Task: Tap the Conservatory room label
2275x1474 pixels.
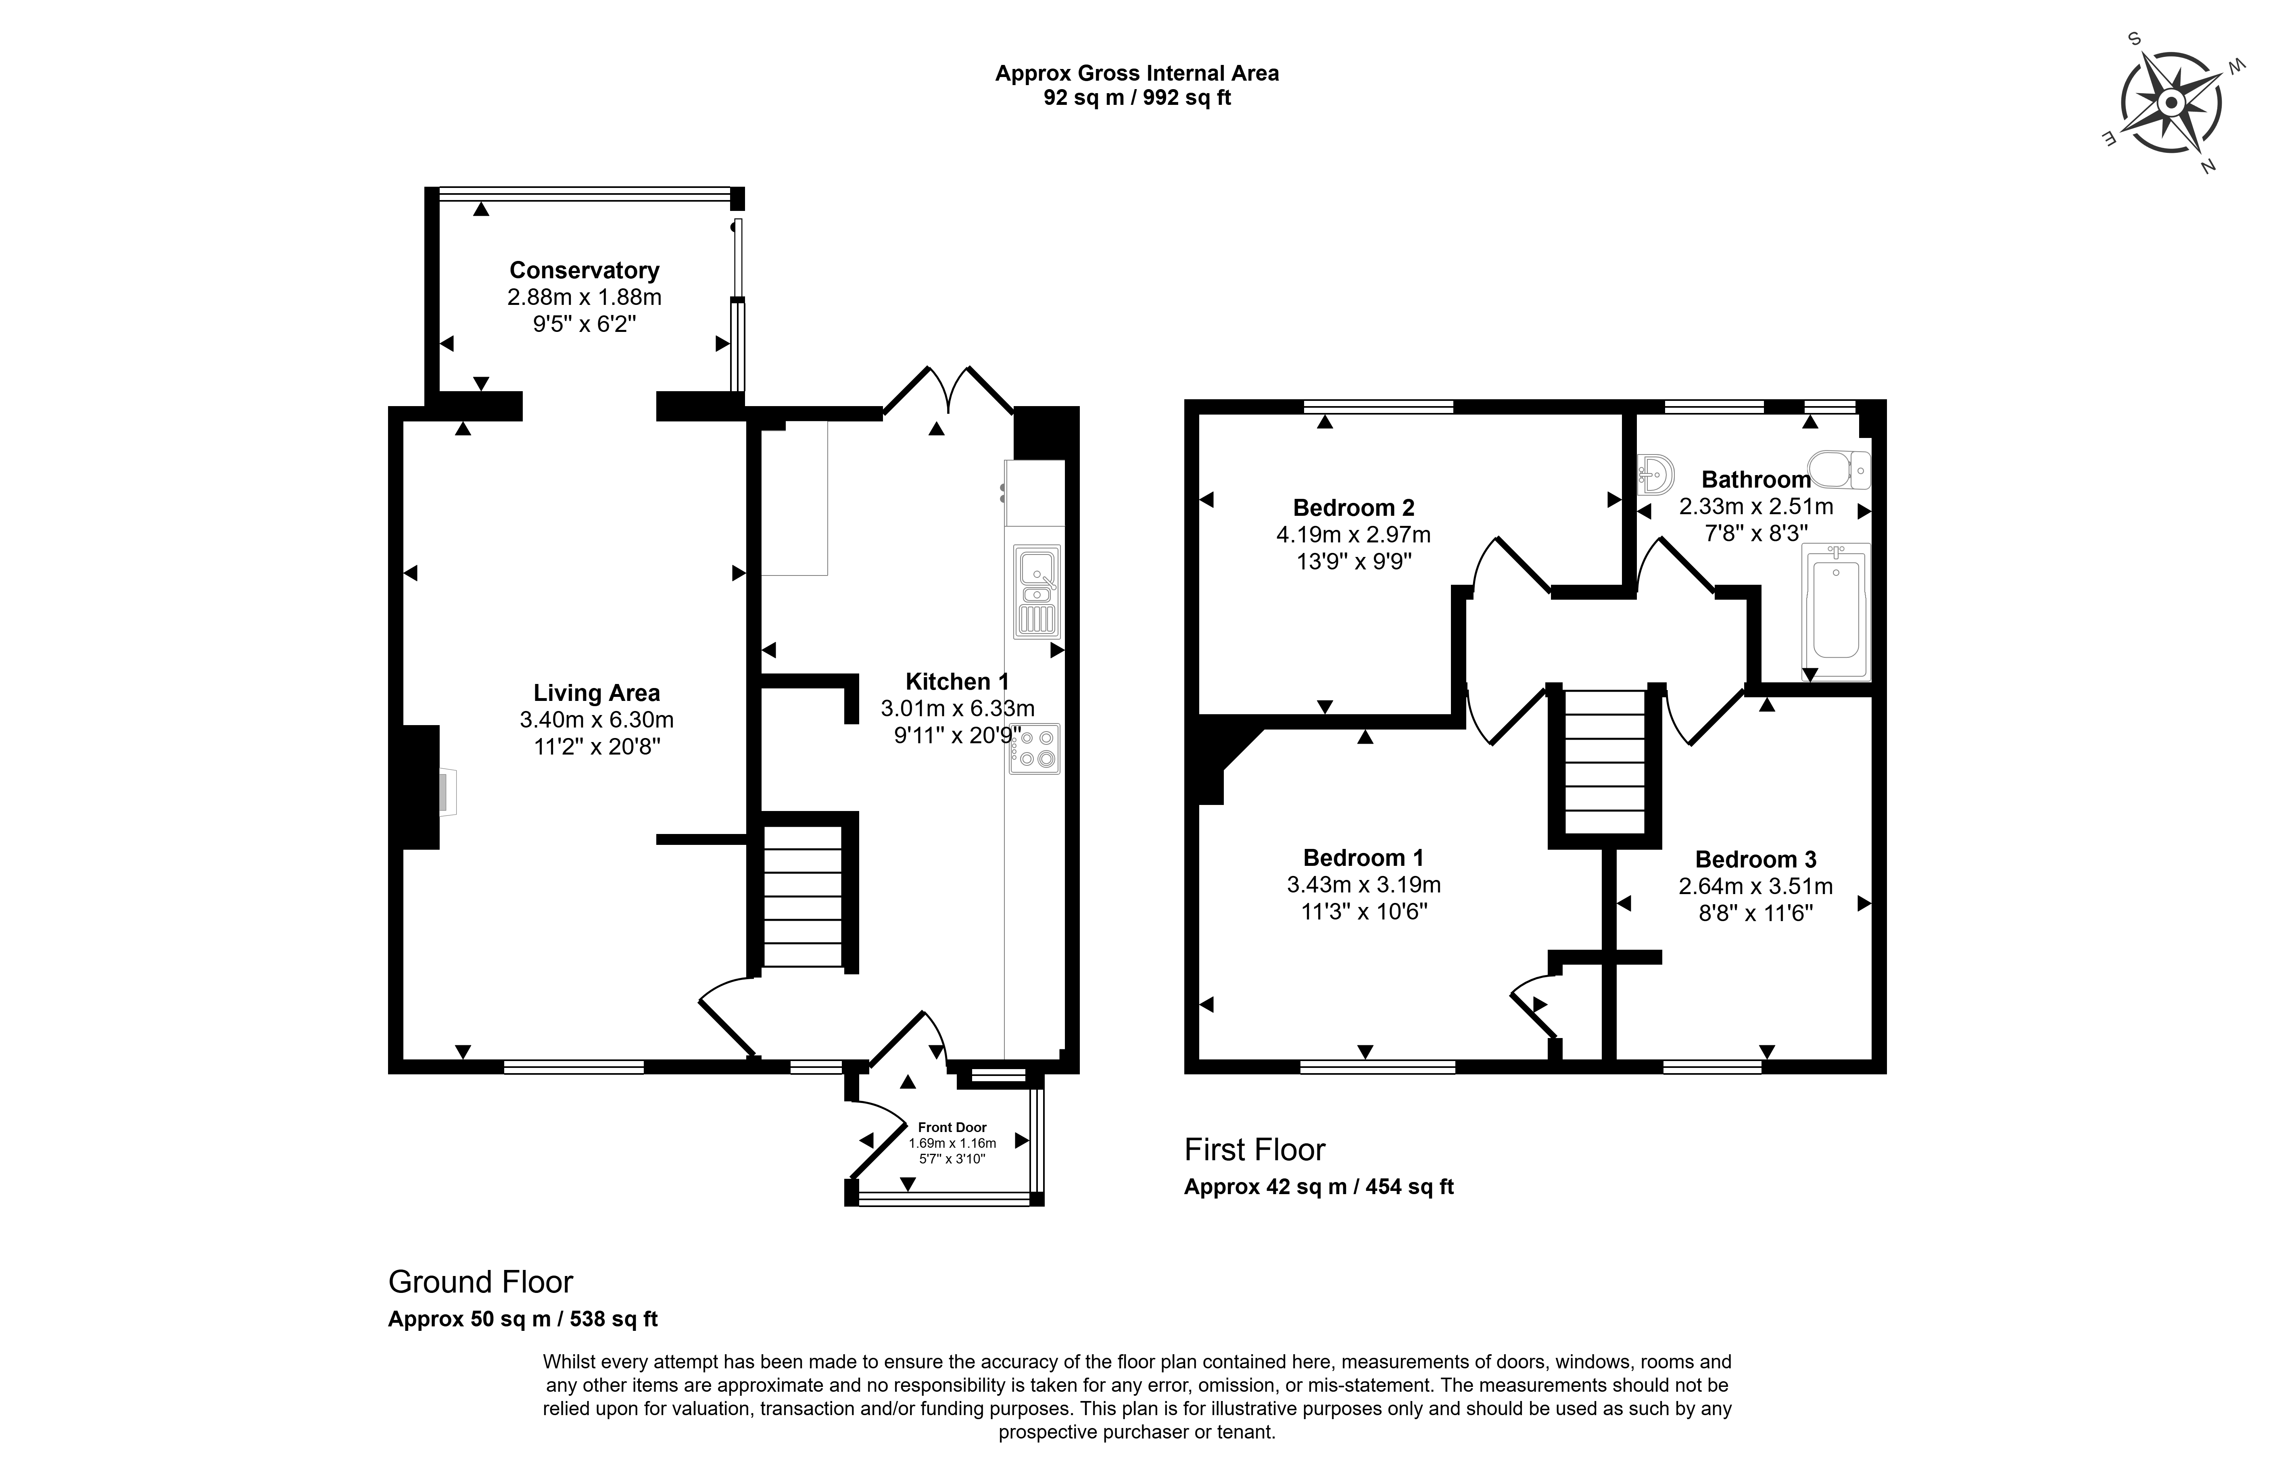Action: point(584,271)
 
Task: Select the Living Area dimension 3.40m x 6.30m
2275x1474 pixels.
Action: point(597,720)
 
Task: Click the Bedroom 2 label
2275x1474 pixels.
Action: point(1354,508)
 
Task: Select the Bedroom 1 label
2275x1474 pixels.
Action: point(1363,857)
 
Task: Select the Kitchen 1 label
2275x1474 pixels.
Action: point(957,682)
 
